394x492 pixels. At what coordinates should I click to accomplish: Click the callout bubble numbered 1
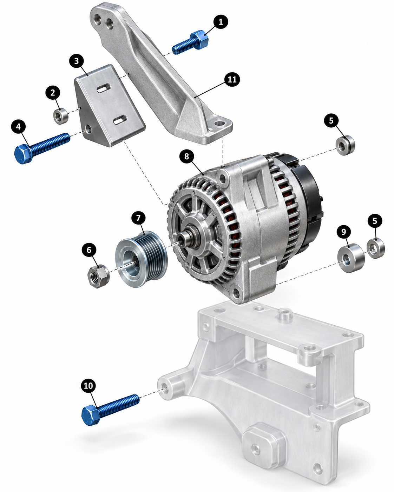point(221,22)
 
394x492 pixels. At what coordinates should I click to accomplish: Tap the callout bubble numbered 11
point(232,80)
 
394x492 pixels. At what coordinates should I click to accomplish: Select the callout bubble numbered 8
point(187,157)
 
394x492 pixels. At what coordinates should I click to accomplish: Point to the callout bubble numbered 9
point(344,232)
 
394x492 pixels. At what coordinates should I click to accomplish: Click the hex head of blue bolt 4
point(23,154)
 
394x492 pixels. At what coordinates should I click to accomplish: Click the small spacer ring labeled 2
point(61,116)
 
